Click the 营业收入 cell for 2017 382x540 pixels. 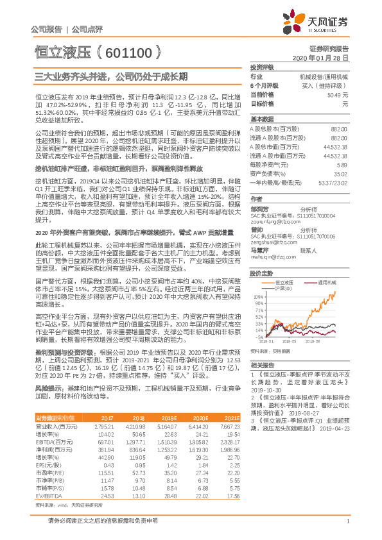pyautogui.click(x=104, y=426)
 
